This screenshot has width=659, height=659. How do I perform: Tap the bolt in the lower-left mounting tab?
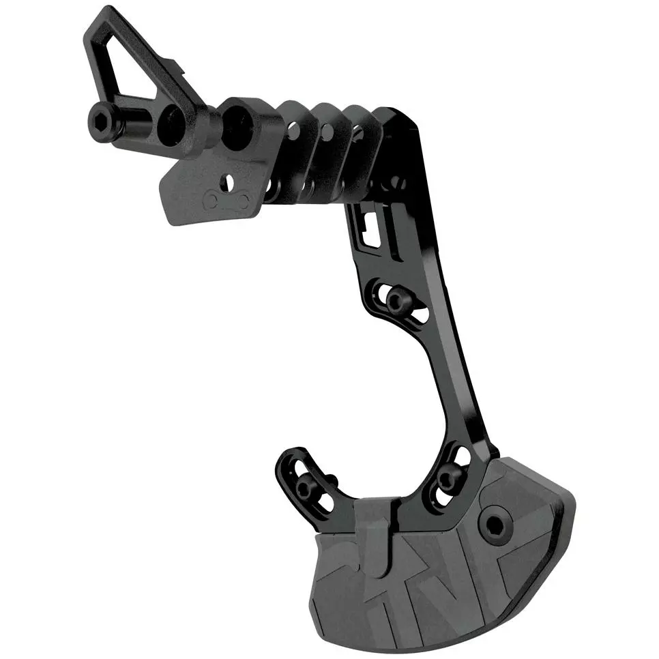(x=308, y=487)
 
